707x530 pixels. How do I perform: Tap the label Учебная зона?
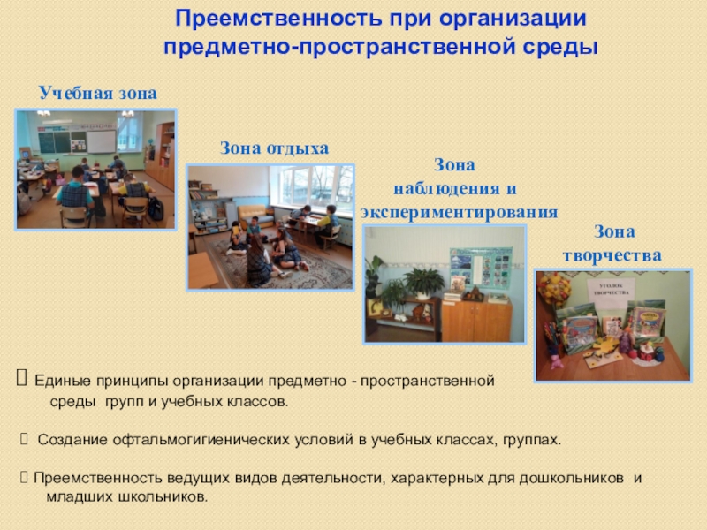[x=97, y=93]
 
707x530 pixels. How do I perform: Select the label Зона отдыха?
[x=274, y=148]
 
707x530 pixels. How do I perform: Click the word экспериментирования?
[x=459, y=212]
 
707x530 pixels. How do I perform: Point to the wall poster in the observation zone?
[x=474, y=265]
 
